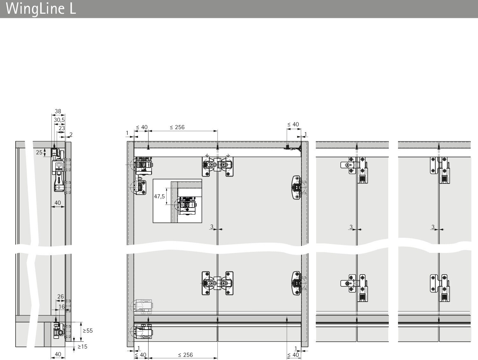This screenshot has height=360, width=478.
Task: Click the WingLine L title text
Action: (x=41, y=9)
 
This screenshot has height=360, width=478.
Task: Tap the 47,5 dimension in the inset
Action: (x=159, y=196)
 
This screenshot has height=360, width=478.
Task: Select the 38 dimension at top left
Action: (x=58, y=111)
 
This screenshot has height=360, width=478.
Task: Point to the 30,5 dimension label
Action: (x=59, y=120)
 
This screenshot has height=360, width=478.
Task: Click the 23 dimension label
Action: (x=62, y=128)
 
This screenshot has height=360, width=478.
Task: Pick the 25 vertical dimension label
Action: (x=39, y=152)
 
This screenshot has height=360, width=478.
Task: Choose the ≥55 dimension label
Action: (x=88, y=331)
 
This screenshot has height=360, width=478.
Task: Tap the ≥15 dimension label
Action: (x=83, y=347)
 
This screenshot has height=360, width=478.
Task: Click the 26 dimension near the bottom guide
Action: (x=61, y=296)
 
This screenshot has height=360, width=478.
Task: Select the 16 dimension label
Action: (x=62, y=307)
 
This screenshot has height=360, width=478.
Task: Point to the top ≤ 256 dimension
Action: (x=177, y=127)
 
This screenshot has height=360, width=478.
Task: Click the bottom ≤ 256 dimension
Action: (x=185, y=355)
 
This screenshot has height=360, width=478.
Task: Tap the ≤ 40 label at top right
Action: (x=293, y=124)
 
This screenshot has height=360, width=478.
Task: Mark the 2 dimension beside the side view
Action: (x=71, y=135)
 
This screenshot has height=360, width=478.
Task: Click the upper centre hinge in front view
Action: (x=218, y=166)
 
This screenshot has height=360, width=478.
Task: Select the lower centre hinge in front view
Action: (x=218, y=283)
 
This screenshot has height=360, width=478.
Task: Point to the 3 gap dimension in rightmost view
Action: (x=433, y=227)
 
